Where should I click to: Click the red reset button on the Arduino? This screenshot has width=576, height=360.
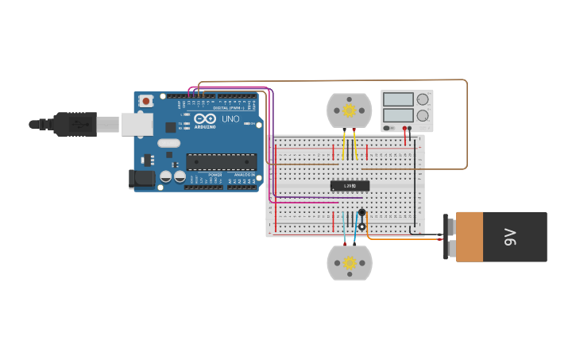pyautogui.click(x=146, y=101)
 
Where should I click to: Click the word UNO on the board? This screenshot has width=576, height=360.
pyautogui.click(x=230, y=119)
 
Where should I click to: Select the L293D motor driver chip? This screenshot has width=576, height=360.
pyautogui.click(x=350, y=186)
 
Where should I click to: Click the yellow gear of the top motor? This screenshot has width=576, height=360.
pyautogui.click(x=349, y=110)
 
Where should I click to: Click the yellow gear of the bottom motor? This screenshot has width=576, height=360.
pyautogui.click(x=349, y=262)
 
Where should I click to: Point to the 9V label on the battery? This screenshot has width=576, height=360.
pyautogui.click(x=510, y=237)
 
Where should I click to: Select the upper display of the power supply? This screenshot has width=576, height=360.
pyautogui.click(x=397, y=100)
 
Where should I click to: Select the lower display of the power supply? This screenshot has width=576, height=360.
pyautogui.click(x=397, y=115)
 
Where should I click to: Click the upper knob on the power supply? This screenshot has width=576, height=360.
pyautogui.click(x=422, y=100)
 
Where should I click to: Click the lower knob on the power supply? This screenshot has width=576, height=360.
pyautogui.click(x=422, y=116)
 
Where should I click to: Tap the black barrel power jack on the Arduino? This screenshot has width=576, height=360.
pyautogui.click(x=141, y=179)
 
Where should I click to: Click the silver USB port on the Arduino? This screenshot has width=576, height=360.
pyautogui.click(x=137, y=124)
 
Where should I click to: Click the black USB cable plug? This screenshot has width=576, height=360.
pyautogui.click(x=75, y=124)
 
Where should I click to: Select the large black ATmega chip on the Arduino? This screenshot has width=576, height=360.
pyautogui.click(x=221, y=162)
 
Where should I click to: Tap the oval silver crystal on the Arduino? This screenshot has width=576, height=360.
pyautogui.click(x=169, y=144)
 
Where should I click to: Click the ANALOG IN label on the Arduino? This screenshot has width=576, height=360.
pyautogui.click(x=244, y=174)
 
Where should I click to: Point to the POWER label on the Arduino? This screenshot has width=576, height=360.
pyautogui.click(x=215, y=174)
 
